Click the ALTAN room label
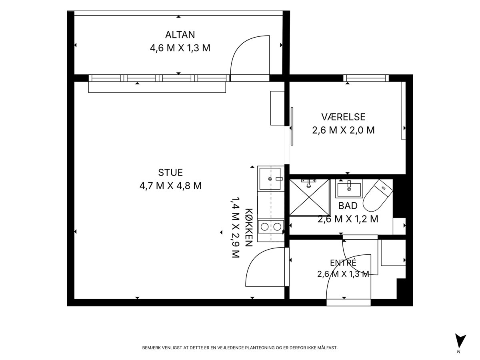[x=180, y=35]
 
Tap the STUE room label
[x=170, y=172]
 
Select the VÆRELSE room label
[x=343, y=117]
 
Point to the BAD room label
[x=348, y=206]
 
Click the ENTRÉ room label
[x=343, y=262]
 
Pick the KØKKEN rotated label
[x=249, y=227]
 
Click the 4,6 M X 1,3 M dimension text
[x=180, y=48]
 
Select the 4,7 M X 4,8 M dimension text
[x=170, y=186]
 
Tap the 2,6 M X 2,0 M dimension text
[x=343, y=130]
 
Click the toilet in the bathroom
[x=378, y=196]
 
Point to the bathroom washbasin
[x=349, y=189]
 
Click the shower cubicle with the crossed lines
[x=310, y=197]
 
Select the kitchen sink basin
[x=270, y=179]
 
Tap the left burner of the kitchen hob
[x=265, y=227]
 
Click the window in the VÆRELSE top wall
[x=366, y=78]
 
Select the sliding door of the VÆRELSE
[x=292, y=126]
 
